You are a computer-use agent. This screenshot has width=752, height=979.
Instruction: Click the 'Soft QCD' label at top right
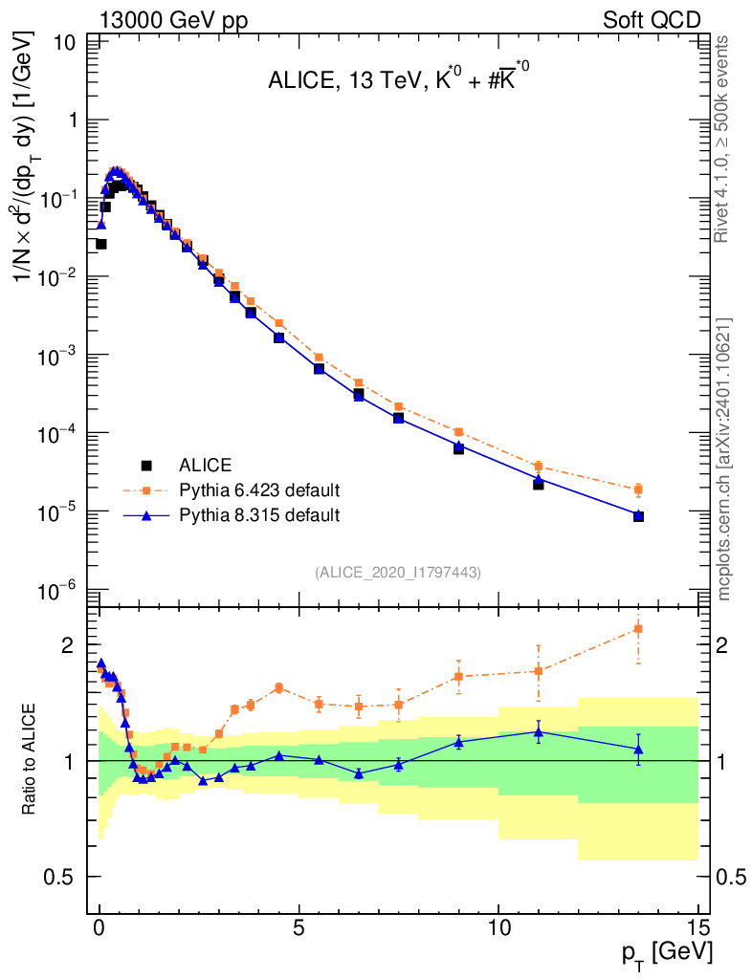pos(652,20)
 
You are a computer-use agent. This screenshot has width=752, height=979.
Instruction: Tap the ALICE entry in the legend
pos(205,466)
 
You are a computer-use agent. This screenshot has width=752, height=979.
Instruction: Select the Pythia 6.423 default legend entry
pos(258,490)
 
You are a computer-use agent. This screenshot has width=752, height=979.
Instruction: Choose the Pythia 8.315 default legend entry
pos(258,515)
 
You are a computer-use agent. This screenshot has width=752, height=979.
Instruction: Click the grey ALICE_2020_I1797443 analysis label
pos(397,572)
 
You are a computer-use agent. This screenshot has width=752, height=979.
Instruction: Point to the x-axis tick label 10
pos(498,927)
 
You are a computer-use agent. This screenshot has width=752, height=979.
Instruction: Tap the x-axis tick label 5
pos(299,927)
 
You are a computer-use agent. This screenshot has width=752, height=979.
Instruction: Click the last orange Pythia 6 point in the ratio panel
pos(637,628)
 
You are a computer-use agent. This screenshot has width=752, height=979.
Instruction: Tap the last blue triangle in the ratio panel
pos(637,750)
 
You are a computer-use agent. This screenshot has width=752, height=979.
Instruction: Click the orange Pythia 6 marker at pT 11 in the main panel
pos(539,466)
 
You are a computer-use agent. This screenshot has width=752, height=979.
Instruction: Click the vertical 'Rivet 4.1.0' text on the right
pos(723,139)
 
